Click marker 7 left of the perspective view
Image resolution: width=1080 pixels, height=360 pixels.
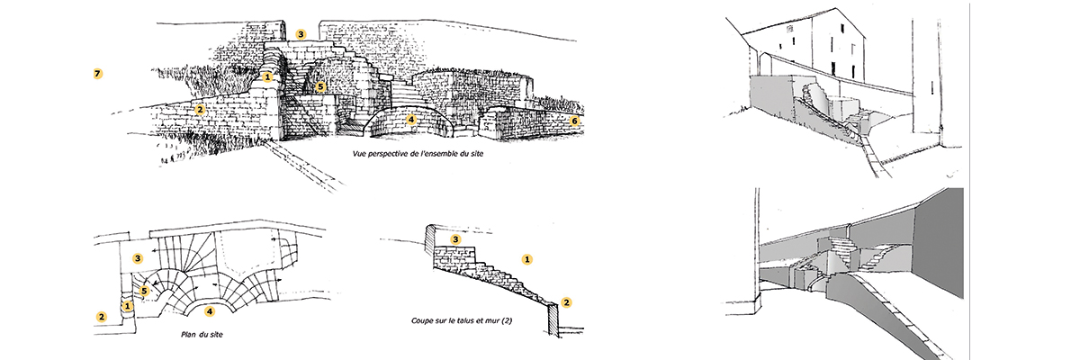[x=98, y=74]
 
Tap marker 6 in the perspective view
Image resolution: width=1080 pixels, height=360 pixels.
[x=574, y=121]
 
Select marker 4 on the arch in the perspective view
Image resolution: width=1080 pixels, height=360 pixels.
[x=410, y=120]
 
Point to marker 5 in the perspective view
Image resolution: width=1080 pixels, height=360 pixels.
[x=320, y=87]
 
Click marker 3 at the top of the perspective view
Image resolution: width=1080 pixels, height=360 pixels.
[x=301, y=34]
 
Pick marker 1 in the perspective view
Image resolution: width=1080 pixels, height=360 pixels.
[x=267, y=77]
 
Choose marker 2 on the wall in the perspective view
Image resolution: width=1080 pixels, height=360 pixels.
[x=200, y=110]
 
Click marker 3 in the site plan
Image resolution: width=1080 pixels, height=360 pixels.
[x=138, y=259]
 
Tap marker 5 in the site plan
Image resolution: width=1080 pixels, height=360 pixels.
[x=144, y=291]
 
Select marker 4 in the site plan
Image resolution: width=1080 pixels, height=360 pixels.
[x=210, y=311]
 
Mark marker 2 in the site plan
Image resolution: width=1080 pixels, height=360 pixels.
[x=101, y=317]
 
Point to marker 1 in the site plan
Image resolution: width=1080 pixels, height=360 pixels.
[x=127, y=305]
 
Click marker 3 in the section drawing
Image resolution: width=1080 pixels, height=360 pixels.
[x=455, y=239]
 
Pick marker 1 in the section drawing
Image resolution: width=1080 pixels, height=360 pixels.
[x=527, y=259]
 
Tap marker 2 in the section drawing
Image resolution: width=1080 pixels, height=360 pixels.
[x=566, y=302]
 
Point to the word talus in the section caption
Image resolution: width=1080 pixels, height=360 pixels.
[x=464, y=320]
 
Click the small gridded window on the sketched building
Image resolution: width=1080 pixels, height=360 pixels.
[x=789, y=29]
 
